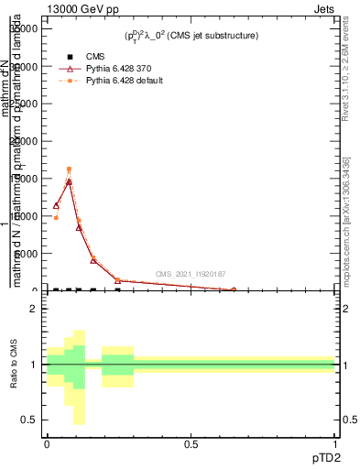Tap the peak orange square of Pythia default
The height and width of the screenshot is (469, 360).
pos(69,169)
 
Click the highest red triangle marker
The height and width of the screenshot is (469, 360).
pos(69,181)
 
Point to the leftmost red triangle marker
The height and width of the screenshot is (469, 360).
pos(56,205)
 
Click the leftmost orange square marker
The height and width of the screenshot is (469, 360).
pos(56,218)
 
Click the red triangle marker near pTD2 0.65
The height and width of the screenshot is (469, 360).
pos(234,289)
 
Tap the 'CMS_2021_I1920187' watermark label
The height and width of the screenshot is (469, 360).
pos(190,273)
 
